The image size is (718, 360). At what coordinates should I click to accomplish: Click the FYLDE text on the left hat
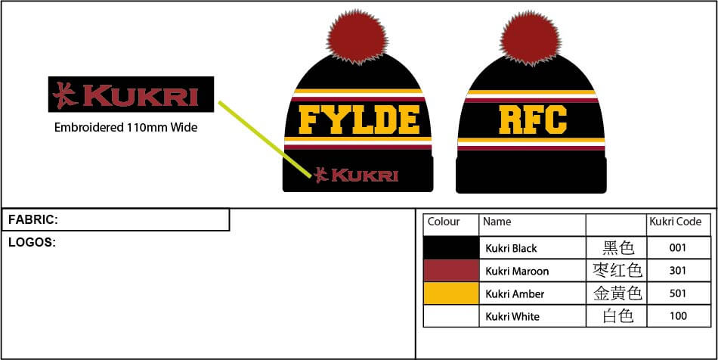(x=358, y=119)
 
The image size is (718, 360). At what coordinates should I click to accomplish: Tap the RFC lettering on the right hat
(x=533, y=119)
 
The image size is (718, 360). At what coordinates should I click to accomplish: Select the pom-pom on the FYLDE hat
(x=357, y=36)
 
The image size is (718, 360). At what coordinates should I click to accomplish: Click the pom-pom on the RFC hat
(x=531, y=36)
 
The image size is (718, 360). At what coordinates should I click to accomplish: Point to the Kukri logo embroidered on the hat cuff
(x=356, y=175)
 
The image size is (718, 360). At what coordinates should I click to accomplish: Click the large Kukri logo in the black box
(x=131, y=95)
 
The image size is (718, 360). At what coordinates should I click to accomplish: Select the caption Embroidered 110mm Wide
(x=125, y=127)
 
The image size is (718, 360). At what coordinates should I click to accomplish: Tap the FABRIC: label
(x=33, y=220)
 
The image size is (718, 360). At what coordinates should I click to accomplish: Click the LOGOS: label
(x=32, y=243)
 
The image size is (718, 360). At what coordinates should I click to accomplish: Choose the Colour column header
(x=444, y=222)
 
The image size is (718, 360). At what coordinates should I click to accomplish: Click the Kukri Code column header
(x=676, y=222)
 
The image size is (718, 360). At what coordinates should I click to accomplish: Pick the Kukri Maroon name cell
(x=517, y=271)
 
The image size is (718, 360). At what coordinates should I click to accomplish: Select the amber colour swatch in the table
(x=451, y=293)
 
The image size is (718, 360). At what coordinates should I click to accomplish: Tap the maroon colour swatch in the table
(x=451, y=271)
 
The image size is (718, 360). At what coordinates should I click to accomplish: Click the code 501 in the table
(x=678, y=293)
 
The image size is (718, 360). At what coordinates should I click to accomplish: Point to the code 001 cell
(x=678, y=248)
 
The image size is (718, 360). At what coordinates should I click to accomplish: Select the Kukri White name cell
(x=512, y=316)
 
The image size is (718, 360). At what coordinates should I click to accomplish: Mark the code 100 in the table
(x=678, y=316)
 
